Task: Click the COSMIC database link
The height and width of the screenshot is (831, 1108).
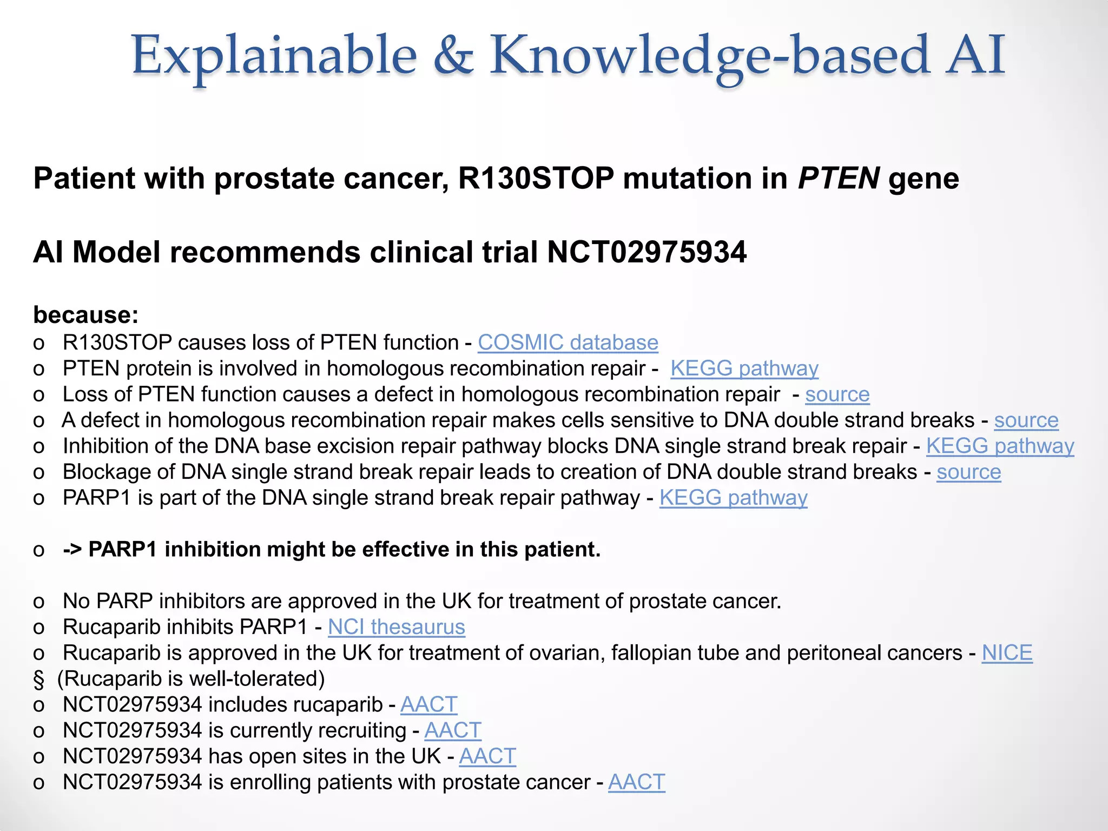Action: (568, 342)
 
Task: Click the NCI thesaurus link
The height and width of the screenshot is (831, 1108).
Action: (396, 626)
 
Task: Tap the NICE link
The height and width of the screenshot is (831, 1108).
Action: (1007, 652)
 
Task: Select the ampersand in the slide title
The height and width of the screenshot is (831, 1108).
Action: (453, 56)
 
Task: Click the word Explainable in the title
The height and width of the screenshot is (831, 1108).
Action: (274, 56)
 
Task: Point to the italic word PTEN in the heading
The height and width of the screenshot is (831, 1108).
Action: (839, 178)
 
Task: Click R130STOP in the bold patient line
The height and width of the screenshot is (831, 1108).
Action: (536, 178)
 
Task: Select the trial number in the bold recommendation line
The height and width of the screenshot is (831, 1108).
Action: (647, 252)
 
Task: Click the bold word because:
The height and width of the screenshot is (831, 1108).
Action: (86, 315)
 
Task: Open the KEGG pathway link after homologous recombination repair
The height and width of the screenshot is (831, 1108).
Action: (744, 368)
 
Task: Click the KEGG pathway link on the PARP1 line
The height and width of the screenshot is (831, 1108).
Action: (733, 497)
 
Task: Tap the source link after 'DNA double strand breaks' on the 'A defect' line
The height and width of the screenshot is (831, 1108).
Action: (1026, 420)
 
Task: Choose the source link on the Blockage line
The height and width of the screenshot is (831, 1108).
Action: (968, 472)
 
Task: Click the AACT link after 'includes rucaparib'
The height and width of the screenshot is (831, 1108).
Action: (428, 704)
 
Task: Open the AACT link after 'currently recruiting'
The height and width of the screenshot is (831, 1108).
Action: (452, 730)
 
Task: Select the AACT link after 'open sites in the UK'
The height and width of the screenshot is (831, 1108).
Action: (487, 756)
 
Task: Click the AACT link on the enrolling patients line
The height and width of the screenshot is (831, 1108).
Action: (636, 782)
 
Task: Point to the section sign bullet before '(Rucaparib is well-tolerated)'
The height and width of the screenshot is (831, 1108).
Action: (38, 679)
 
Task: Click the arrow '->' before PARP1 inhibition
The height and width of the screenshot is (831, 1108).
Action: (72, 549)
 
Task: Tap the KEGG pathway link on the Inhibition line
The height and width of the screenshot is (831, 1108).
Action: (1000, 446)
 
